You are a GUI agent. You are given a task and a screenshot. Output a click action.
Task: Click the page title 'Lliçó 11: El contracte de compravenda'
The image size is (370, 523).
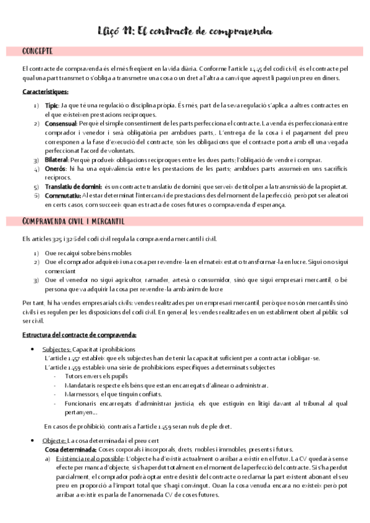(x=185, y=31)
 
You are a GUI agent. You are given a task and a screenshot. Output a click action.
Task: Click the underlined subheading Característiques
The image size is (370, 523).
(x=44, y=92)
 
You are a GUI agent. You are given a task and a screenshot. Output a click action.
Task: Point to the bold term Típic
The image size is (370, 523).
(x=52, y=106)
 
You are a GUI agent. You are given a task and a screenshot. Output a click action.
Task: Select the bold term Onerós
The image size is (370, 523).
(x=55, y=168)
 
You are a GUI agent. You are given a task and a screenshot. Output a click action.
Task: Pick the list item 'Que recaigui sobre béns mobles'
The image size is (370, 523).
(x=88, y=253)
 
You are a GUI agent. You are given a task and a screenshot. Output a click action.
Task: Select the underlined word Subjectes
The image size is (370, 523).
(x=56, y=349)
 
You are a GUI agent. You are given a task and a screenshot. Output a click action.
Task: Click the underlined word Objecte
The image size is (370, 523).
(x=54, y=440)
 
